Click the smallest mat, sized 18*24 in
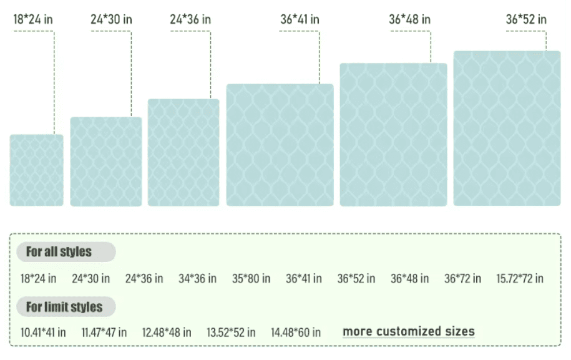pos(37,170)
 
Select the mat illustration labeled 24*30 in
pos(106,161)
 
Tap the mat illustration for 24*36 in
pos(183,152)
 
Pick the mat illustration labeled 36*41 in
pos(280,145)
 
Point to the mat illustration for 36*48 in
pos(393,134)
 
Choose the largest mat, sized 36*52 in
pos(507,128)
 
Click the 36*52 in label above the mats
pos(526,19)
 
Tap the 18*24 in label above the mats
pos(33,19)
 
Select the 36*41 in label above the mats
pos(300,19)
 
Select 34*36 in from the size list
pos(197,279)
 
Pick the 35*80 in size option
pos(251,279)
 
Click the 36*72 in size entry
pos(462,279)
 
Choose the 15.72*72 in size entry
pos(519,279)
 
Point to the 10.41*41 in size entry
pos(43,333)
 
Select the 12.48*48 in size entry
pos(167,333)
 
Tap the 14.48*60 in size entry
pos(296,333)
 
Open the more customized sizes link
pos(409,331)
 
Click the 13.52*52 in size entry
pos(231,333)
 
